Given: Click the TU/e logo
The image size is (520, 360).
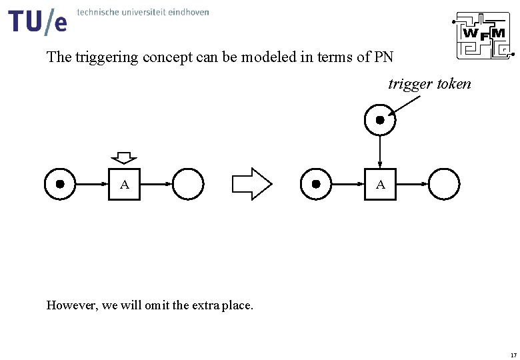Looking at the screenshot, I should coord(38,21).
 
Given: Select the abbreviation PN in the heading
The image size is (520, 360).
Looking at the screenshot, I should coord(384,57).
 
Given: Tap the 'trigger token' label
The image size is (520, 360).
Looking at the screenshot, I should coord(429,84).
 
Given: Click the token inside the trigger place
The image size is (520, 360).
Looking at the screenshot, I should coord(380,120).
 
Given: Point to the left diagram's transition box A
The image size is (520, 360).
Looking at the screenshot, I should coord(125,185).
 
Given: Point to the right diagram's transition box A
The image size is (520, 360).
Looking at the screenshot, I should coord(380,185).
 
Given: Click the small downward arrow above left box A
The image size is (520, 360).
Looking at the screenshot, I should coord(124,158).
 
